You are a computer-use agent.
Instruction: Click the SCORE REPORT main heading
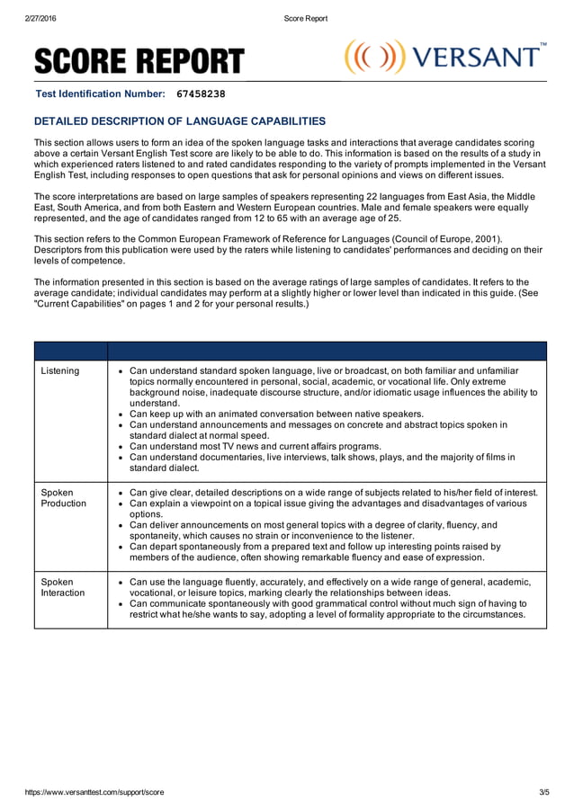139,61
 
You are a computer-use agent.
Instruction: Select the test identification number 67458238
201,94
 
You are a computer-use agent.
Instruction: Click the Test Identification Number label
100,94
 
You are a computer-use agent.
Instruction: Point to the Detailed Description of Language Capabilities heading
179,121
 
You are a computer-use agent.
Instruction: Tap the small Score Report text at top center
305,18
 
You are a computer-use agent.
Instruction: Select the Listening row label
60,370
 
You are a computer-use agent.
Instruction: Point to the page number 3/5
543,792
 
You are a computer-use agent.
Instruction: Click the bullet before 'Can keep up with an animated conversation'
121,414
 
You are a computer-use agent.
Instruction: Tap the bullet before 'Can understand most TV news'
121,446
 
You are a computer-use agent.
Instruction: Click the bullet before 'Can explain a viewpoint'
121,504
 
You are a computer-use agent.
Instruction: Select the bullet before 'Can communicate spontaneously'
121,604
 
